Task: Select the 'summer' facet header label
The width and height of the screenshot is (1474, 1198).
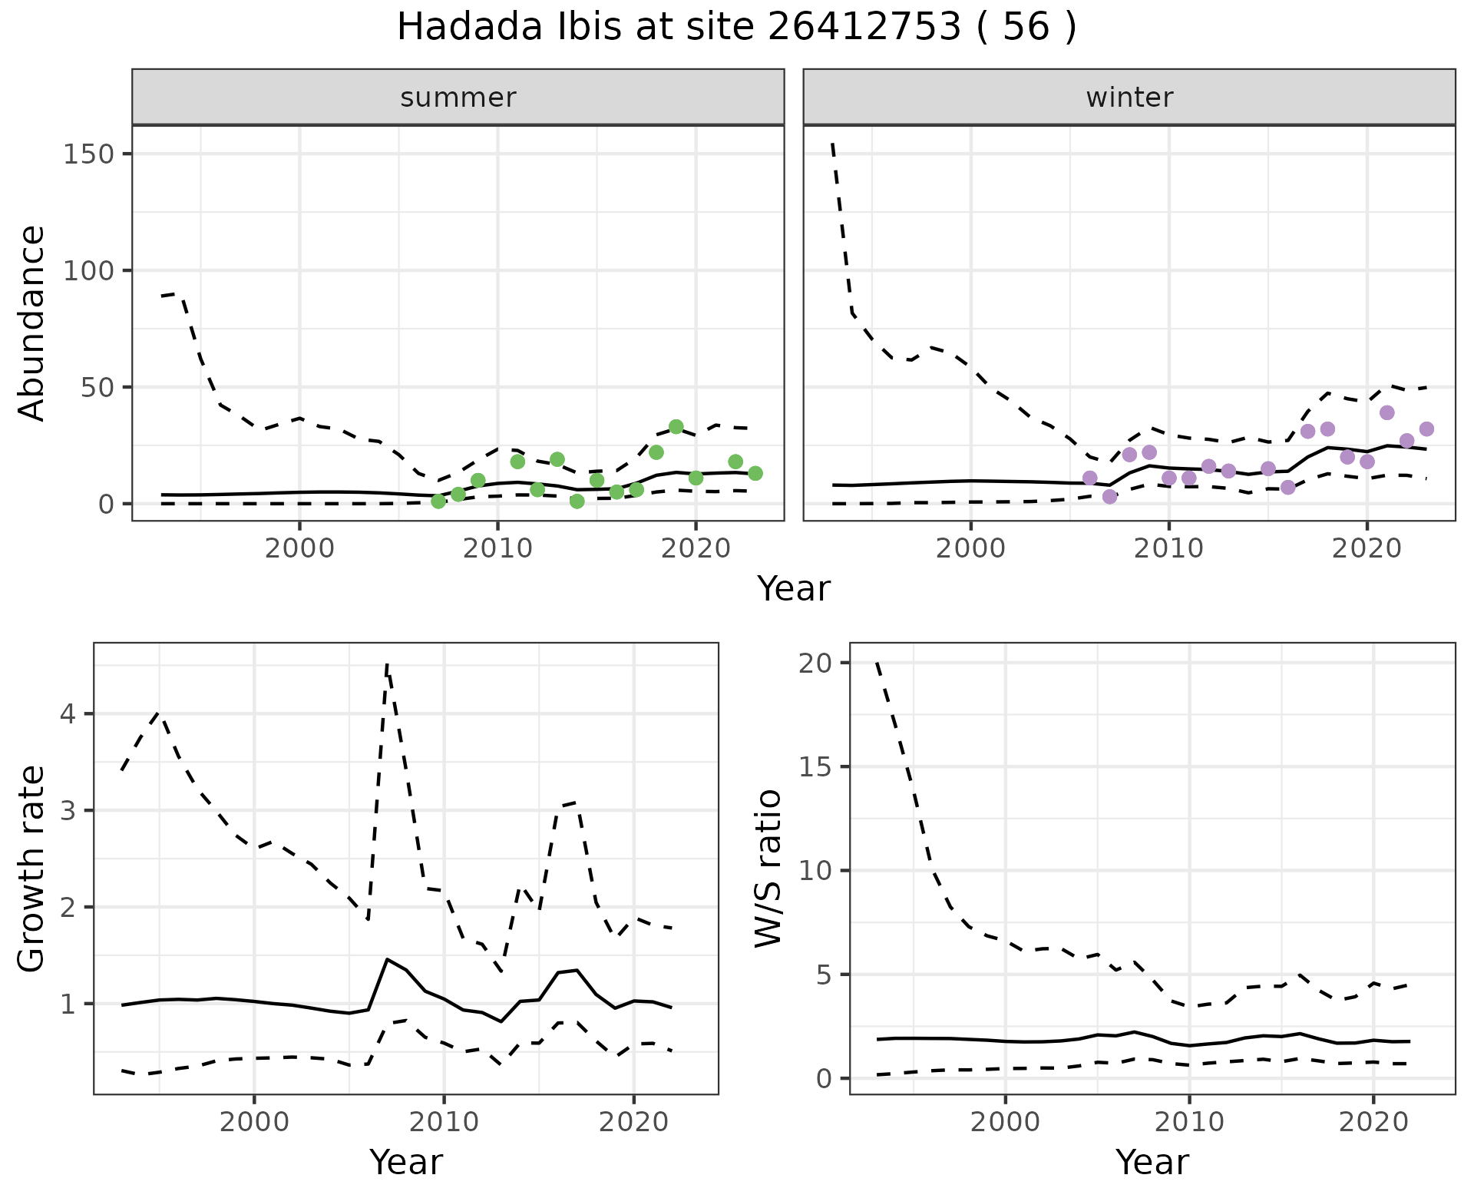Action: [458, 98]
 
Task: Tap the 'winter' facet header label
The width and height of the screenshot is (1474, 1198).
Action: [1129, 98]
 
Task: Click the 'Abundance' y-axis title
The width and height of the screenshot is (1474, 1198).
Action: [31, 323]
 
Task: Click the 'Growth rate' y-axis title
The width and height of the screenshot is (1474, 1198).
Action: [31, 868]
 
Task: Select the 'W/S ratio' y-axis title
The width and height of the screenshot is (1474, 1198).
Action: [768, 868]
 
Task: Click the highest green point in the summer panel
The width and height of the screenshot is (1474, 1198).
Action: [676, 427]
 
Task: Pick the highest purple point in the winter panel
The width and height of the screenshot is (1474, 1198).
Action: [1386, 413]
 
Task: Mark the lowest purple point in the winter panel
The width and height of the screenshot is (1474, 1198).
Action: [1109, 497]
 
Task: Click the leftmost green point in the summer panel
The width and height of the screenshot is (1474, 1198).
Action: [438, 501]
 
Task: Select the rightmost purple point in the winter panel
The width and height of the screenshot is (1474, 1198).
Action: [1426, 429]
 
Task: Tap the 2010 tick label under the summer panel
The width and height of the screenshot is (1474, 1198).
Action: [497, 548]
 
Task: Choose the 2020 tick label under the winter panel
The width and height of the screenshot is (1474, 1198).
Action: [1367, 548]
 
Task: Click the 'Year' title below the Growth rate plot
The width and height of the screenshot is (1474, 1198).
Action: [406, 1162]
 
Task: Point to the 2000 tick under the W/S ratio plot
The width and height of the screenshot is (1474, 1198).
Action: [1005, 1122]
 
